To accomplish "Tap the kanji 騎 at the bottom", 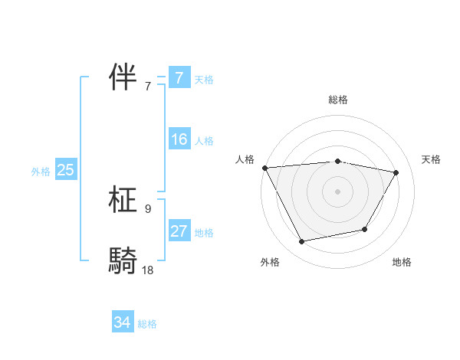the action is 123,260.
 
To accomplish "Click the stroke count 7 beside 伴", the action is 147,86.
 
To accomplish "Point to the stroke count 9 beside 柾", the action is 147,208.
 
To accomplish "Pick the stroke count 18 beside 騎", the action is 147,270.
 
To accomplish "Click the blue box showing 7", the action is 179,78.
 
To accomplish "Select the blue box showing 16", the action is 179,139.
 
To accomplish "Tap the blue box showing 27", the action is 179,231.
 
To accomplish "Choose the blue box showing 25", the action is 65,171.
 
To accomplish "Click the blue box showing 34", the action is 122,323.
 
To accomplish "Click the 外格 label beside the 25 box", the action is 41,172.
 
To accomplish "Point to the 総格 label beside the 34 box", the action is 147,324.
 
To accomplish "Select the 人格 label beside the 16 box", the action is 204,141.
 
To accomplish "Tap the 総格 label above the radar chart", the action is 337,100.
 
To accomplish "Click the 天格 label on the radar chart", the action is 432,159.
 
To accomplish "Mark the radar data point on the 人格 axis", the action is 264,168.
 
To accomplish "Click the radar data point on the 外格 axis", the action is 302,242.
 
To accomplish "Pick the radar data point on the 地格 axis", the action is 365,229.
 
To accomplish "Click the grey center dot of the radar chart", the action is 337,191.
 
